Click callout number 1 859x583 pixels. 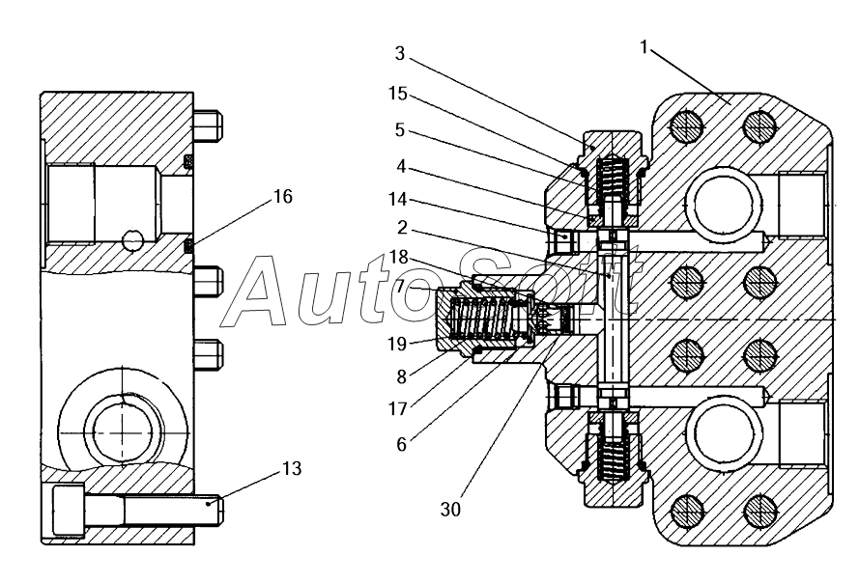click(x=644, y=48)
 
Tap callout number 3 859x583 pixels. click(x=400, y=54)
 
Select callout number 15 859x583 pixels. click(x=398, y=94)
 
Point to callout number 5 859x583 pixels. click(x=400, y=129)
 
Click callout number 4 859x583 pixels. click(x=401, y=166)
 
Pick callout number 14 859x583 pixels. click(x=398, y=199)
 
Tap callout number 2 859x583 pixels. click(x=402, y=227)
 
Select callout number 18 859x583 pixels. click(x=399, y=257)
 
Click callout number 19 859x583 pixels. click(x=397, y=344)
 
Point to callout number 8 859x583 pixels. click(x=402, y=376)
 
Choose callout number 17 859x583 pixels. click(x=398, y=408)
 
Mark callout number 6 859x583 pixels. click(x=402, y=445)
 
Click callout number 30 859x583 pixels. click(x=451, y=509)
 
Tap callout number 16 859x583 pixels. click(x=283, y=196)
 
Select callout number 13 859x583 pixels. click(x=292, y=468)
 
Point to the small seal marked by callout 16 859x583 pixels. click(x=188, y=246)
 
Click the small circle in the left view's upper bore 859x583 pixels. click(x=132, y=239)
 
